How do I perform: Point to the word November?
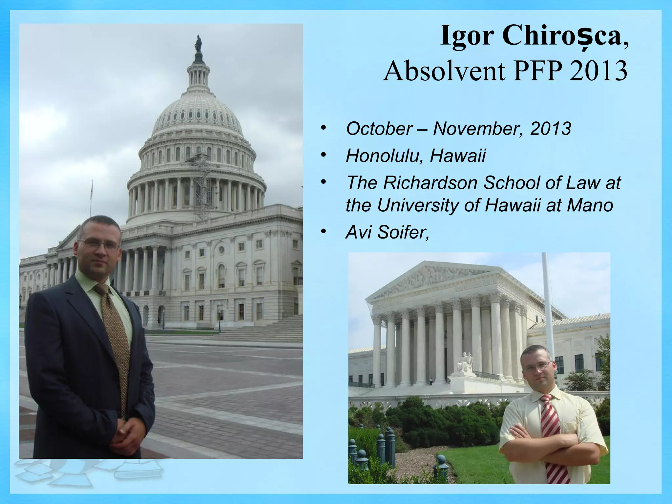477,129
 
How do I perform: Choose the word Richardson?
430,183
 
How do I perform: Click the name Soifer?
403,233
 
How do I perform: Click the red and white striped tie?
554,440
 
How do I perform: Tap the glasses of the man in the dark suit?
99,244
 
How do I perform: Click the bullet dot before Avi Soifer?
324,232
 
